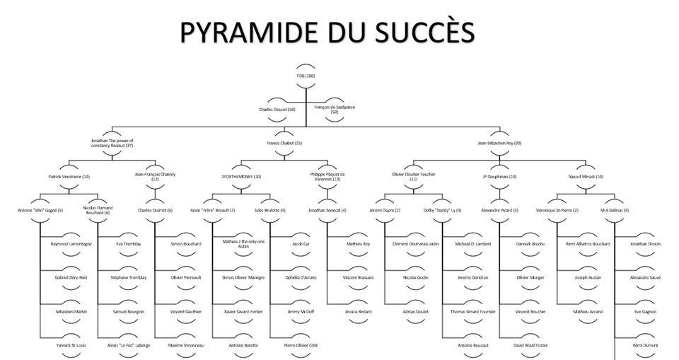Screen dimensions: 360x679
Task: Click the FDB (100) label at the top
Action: (306, 76)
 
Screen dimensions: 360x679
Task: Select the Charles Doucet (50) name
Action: (277, 109)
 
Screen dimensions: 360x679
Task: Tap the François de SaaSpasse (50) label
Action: (334, 109)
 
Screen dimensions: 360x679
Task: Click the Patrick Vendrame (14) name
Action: (69, 176)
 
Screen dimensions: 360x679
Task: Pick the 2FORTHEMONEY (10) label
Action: (243, 176)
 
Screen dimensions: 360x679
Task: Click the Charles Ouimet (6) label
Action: (156, 210)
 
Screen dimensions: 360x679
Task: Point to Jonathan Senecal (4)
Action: (328, 210)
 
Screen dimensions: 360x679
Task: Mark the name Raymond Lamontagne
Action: (71, 243)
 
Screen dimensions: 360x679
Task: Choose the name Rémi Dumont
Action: (645, 344)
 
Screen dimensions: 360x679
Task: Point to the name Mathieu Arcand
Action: (588, 310)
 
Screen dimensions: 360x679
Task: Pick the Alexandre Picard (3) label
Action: (500, 210)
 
